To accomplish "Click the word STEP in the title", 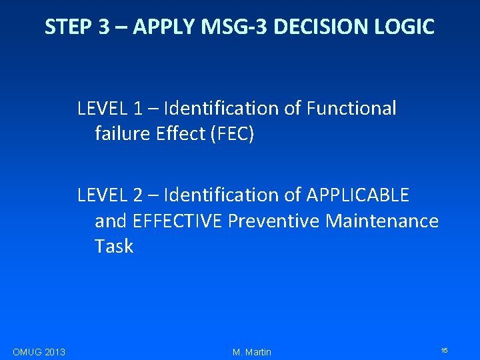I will (68, 27).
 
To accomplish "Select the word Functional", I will (351, 108).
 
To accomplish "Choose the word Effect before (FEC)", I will (179, 134).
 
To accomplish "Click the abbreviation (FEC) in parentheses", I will (232, 134).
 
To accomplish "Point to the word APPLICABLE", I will (357, 195).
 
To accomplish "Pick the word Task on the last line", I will (114, 247).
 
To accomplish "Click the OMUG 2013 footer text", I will (39, 351).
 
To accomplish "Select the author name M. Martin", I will (252, 351).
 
